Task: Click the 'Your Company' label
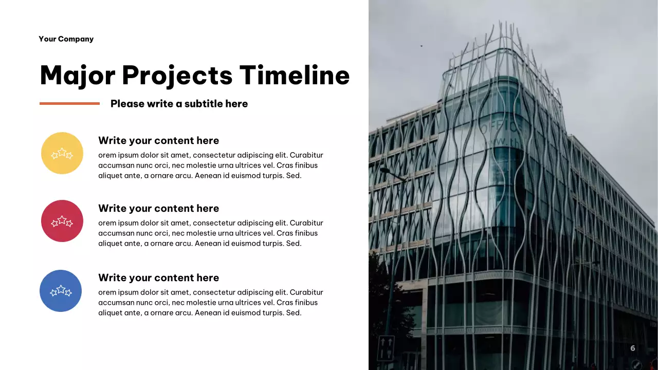click(x=66, y=39)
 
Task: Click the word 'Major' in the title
click(x=77, y=75)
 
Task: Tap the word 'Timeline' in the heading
click(x=295, y=75)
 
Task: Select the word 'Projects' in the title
click(x=177, y=76)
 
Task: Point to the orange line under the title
click(x=69, y=103)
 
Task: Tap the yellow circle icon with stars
click(x=62, y=153)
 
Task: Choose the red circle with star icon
click(x=62, y=221)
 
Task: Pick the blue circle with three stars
click(x=61, y=291)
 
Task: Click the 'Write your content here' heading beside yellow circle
click(x=158, y=141)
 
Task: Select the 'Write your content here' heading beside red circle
click(x=158, y=209)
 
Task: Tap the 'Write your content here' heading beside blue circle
click(x=158, y=278)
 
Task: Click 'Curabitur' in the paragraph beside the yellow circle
click(x=306, y=155)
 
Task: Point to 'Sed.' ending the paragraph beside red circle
click(x=294, y=244)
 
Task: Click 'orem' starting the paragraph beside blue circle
click(x=107, y=292)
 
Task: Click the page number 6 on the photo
click(x=633, y=348)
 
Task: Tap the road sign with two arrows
click(x=386, y=348)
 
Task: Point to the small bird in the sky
click(x=422, y=46)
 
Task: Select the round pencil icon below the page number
click(x=636, y=364)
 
